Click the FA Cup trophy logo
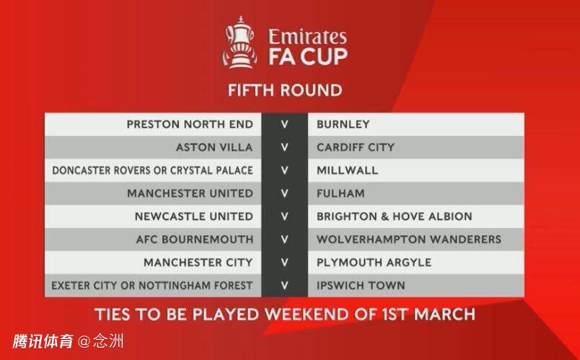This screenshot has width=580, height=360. click(x=240, y=42)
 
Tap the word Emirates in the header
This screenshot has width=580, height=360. click(x=307, y=37)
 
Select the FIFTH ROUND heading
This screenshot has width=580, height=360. click(x=285, y=90)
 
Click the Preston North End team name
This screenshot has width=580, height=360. click(x=190, y=124)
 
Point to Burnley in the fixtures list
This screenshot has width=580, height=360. click(x=343, y=124)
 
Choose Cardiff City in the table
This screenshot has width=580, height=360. click(x=356, y=147)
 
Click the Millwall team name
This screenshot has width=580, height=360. click(x=347, y=170)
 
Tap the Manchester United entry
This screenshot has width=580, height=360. click(x=190, y=193)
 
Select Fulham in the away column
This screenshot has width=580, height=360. click(x=340, y=193)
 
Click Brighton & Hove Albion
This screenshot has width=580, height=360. click(x=395, y=216)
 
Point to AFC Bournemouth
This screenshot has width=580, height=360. click(x=195, y=240)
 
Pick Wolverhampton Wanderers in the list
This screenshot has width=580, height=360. click(x=409, y=240)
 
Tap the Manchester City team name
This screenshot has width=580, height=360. click(x=198, y=263)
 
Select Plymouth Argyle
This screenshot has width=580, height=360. click(x=374, y=263)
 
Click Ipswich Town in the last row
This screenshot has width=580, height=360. click(x=361, y=286)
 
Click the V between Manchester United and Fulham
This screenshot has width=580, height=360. click(x=284, y=193)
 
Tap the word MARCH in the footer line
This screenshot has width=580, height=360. click(x=444, y=315)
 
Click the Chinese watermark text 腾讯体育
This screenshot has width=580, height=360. click(x=43, y=341)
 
